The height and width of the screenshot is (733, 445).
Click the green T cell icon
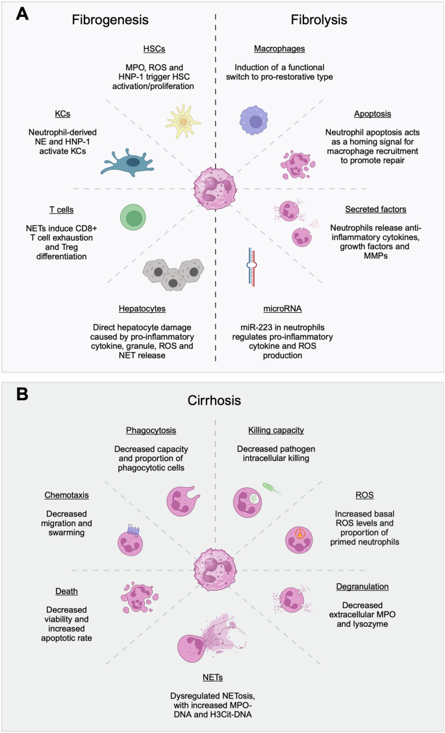click(x=134, y=217)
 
